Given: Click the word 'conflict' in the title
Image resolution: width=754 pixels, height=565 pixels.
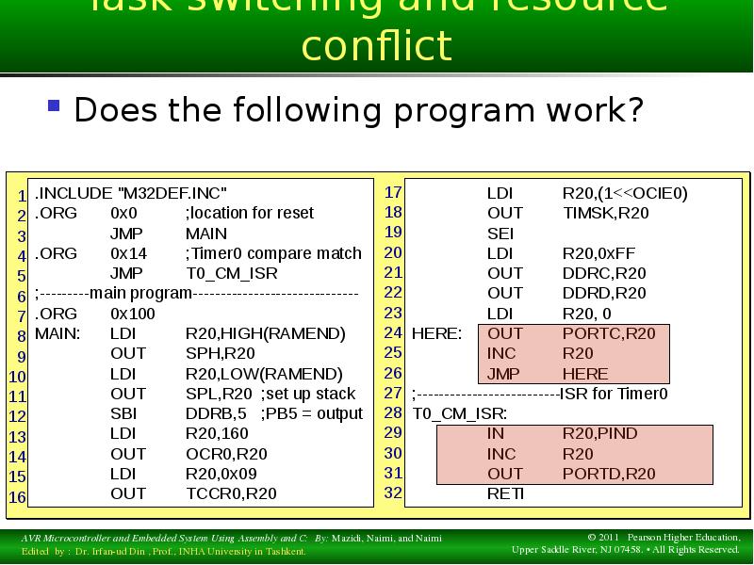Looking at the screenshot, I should click(376, 46).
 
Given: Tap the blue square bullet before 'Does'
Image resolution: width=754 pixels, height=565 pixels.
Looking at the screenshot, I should click(55, 105).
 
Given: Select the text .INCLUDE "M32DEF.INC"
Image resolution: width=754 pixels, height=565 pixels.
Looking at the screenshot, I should click(131, 193).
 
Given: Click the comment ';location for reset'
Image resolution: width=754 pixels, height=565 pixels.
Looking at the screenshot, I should click(250, 213).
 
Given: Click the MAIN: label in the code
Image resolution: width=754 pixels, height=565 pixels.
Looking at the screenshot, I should click(57, 333).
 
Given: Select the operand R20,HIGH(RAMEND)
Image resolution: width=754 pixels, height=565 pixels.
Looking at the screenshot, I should click(266, 333).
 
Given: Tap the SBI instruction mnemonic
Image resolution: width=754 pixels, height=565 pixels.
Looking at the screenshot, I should click(123, 413).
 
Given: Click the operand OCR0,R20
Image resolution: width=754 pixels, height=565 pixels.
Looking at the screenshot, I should click(226, 454).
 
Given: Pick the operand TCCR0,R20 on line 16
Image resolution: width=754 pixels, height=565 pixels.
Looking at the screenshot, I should click(231, 493).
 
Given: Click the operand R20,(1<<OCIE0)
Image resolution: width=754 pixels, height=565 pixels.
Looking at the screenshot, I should click(625, 193).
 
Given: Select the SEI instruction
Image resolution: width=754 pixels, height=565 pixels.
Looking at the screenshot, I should click(500, 233).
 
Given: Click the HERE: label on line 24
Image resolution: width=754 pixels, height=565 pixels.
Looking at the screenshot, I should click(437, 333).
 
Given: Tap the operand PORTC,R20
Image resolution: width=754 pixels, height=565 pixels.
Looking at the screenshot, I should click(609, 333).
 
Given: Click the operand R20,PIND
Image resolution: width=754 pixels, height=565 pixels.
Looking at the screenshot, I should click(600, 434).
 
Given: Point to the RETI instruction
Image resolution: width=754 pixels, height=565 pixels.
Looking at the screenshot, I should click(505, 493).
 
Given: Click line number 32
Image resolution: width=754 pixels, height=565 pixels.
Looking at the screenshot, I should click(393, 492).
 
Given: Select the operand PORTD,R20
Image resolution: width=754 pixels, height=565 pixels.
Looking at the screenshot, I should click(609, 474).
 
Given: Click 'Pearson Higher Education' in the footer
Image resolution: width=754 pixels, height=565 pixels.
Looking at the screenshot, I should click(677, 537).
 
